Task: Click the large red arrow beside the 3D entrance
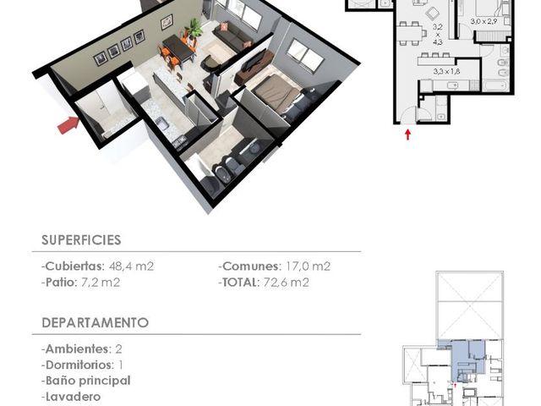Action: [68, 124]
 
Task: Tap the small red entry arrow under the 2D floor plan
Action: [407, 134]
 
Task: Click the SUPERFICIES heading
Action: [81, 240]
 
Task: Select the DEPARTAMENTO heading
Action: [96, 322]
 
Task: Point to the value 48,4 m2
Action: [131, 266]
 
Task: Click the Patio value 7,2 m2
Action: [101, 283]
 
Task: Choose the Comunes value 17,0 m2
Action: [308, 266]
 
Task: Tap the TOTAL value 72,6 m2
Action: [286, 283]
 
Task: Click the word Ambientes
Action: [77, 349]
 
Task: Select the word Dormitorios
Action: [79, 365]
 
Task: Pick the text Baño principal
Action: [88, 381]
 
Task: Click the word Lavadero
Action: [74, 397]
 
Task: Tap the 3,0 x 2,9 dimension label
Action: [484, 21]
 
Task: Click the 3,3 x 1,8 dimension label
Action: [446, 72]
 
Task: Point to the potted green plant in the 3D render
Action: [194, 28]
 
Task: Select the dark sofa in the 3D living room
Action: [232, 36]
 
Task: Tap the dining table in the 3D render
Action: [178, 47]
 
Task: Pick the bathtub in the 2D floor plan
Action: [495, 85]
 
